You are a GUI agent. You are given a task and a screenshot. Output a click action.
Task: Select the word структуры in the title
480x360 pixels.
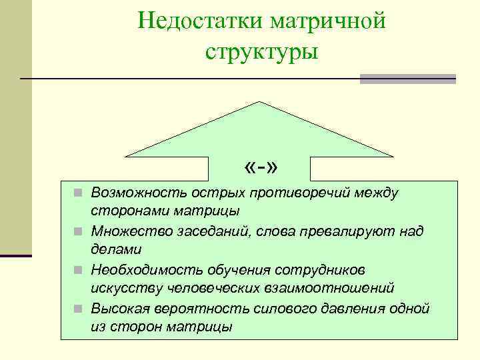coord(262,51)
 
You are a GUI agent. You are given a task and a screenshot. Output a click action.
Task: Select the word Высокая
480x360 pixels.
coord(117,309)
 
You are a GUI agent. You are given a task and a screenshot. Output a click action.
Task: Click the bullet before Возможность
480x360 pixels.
coord(78,194)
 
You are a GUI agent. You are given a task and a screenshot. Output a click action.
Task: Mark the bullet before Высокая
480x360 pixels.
coord(78,309)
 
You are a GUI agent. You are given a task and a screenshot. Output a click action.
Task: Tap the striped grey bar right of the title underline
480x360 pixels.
coord(407,79)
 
